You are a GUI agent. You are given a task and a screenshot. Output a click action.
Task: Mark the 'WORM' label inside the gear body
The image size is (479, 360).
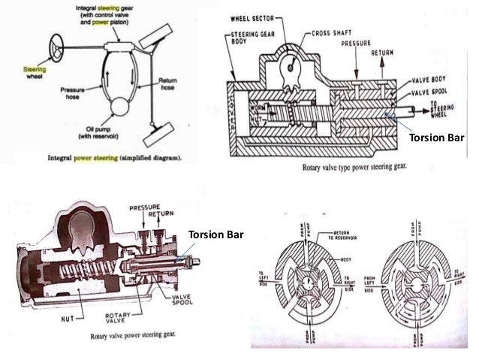click(258, 107)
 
